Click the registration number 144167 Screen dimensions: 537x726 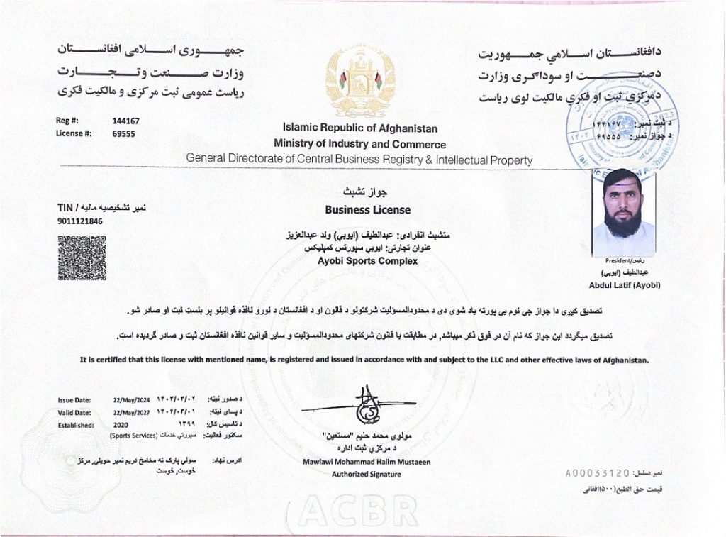point(125,121)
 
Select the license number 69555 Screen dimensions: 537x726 point(123,133)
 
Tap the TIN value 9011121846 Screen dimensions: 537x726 point(80,221)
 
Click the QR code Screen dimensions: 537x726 point(82,258)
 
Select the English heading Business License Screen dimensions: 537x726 point(367,210)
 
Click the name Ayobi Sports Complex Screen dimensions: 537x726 point(367,261)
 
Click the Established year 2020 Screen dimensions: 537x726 point(123,425)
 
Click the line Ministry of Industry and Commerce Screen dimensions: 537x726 point(359,144)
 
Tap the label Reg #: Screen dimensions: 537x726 point(66,121)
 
